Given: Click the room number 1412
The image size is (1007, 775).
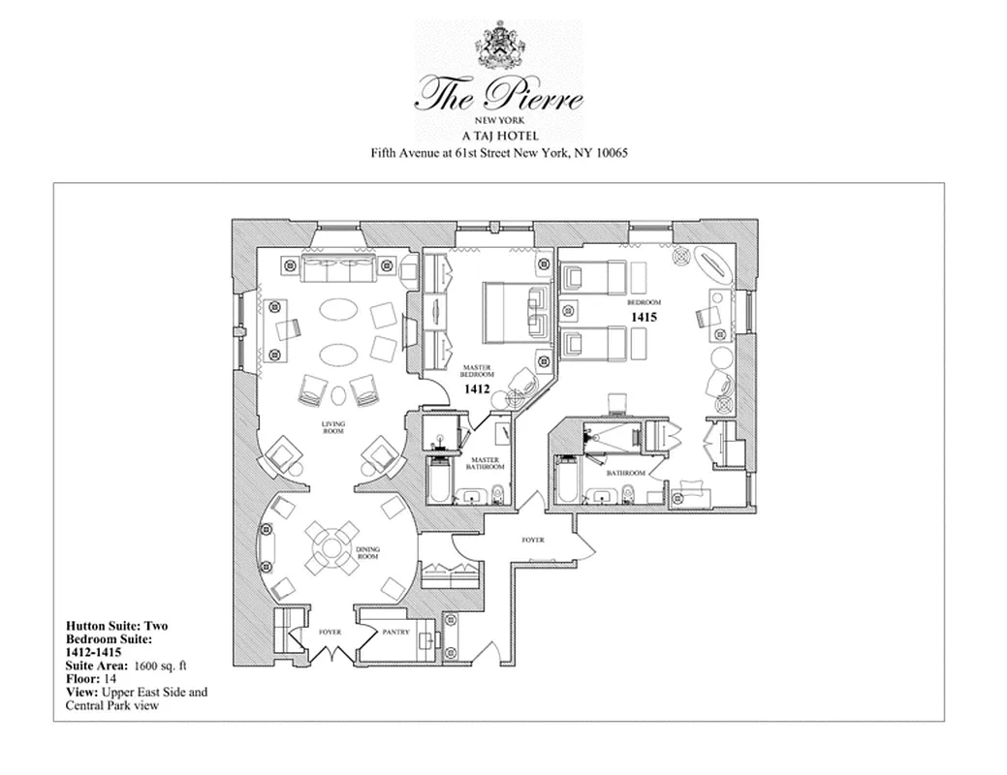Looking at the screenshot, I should (477, 389).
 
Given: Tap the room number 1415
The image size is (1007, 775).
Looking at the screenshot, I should (645, 316).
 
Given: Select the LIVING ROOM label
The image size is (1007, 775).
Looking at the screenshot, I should (334, 427).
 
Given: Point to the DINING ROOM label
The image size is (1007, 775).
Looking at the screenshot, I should (368, 553).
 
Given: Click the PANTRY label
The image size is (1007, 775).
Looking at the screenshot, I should (395, 633).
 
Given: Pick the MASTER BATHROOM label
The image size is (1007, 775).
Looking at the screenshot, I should (487, 462).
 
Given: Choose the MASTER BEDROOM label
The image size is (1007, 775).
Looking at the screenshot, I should (477, 371).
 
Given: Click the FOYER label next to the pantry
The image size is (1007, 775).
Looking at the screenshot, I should (330, 633).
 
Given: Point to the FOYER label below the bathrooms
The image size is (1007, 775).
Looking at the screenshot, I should (533, 540).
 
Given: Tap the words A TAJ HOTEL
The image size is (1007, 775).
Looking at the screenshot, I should (500, 136).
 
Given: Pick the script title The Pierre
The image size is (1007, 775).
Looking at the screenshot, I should (500, 95).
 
